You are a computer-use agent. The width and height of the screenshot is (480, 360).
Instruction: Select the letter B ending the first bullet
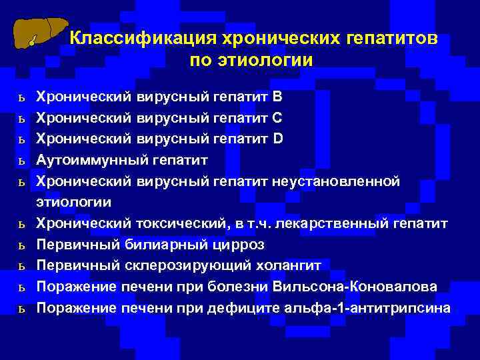(278, 97)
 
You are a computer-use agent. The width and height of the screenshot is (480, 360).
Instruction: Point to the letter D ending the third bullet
(279, 139)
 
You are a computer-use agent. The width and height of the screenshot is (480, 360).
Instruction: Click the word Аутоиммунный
(92, 161)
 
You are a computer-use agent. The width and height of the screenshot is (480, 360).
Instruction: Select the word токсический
(176, 223)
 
